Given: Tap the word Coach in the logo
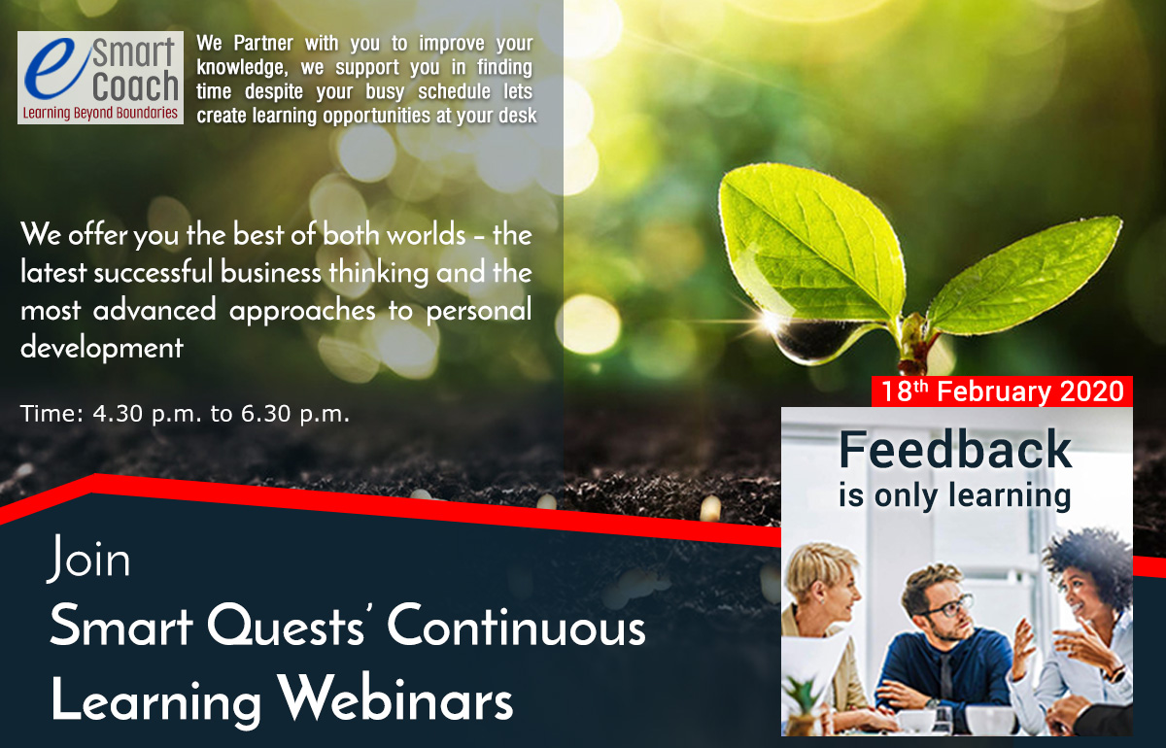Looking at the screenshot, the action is pyautogui.click(x=135, y=85).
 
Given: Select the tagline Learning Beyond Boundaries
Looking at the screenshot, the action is pyautogui.click(x=100, y=113).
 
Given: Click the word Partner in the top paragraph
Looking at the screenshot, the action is pyautogui.click(x=263, y=43).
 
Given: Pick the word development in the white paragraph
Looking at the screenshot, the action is pyautogui.click(x=102, y=347).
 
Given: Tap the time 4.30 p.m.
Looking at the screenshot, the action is pyautogui.click(x=148, y=415).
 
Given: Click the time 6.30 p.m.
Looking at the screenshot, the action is pyautogui.click(x=295, y=415).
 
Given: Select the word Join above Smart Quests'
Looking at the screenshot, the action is pyautogui.click(x=88, y=558).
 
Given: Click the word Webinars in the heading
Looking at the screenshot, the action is pyautogui.click(x=394, y=696).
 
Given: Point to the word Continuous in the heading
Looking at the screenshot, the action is pyautogui.click(x=516, y=626).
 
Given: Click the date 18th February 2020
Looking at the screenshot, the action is pyautogui.click(x=1003, y=391).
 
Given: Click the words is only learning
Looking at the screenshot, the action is pyautogui.click(x=955, y=495).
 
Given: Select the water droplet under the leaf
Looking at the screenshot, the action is pyautogui.click(x=808, y=339).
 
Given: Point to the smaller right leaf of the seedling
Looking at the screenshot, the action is pyautogui.click(x=1023, y=276).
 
